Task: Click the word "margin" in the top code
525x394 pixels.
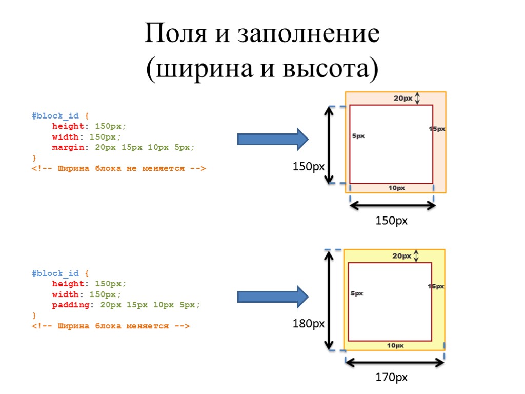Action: point(68,147)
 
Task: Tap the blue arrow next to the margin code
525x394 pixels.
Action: point(272,139)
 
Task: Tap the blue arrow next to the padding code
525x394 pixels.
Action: point(272,296)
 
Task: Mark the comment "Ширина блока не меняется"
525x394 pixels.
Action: point(118,168)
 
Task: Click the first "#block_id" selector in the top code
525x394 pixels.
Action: point(55,115)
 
